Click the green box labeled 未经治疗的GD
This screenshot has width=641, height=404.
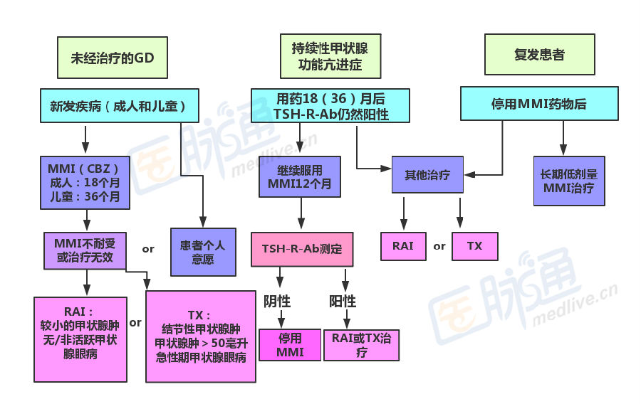[x=113, y=58]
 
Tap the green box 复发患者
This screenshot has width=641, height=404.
[x=539, y=54]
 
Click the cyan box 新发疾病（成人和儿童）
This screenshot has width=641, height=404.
[x=118, y=107]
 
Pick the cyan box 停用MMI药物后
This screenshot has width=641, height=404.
[x=538, y=104]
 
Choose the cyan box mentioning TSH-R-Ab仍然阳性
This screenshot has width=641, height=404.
[x=330, y=106]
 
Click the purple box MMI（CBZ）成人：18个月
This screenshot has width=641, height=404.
[x=85, y=183]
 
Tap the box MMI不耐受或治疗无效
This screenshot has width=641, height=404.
[x=85, y=249]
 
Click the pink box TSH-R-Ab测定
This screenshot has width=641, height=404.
[x=302, y=249]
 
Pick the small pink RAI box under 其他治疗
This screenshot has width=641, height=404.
[x=403, y=246]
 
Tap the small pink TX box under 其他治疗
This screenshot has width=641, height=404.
[x=474, y=246]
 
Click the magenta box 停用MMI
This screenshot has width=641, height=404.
[x=290, y=345]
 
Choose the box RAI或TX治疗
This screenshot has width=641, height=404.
[x=361, y=345]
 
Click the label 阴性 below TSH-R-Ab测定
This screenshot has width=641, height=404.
[x=280, y=301]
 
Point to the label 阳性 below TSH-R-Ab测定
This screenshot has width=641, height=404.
[x=342, y=301]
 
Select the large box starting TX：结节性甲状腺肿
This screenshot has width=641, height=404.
[x=200, y=336]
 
